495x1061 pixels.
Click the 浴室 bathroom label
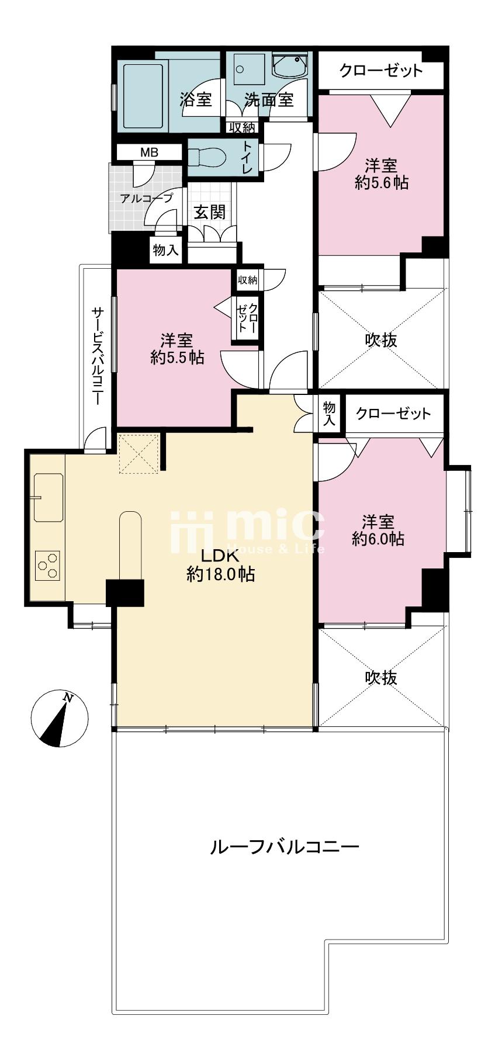196,100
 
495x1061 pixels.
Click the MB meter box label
149,153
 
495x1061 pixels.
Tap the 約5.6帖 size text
381,183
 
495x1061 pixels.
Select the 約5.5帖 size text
177,357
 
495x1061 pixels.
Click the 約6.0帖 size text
378,538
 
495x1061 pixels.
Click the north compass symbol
59,718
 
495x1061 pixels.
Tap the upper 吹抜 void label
381,339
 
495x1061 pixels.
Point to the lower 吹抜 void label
381,677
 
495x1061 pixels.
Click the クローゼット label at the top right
381,71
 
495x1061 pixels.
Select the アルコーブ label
147,198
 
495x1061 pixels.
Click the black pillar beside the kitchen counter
125,592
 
